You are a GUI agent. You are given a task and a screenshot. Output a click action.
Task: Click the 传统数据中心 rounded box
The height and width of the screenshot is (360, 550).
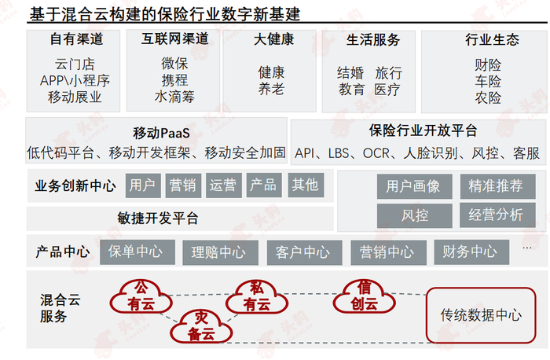point(481,315)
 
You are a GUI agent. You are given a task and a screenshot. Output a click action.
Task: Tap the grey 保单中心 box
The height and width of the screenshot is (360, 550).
point(136,252)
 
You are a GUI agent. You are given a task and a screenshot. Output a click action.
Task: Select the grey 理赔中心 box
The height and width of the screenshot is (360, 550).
point(218,252)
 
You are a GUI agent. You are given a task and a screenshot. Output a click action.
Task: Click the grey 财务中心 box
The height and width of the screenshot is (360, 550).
point(468,252)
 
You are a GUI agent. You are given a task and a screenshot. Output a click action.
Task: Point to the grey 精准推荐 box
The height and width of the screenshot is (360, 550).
point(496,186)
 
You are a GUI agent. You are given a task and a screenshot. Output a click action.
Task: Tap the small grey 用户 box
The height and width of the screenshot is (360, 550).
point(142,186)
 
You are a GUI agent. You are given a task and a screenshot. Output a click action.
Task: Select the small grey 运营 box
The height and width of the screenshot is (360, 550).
point(223,186)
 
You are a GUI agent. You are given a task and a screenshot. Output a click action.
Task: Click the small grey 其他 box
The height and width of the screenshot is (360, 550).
point(305,185)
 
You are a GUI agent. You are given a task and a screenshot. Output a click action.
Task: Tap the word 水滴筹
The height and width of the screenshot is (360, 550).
point(174,98)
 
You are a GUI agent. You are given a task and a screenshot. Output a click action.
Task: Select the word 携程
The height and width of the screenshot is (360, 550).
point(174,81)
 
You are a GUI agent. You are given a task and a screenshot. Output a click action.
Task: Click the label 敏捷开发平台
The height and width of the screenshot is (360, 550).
point(158,219)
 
